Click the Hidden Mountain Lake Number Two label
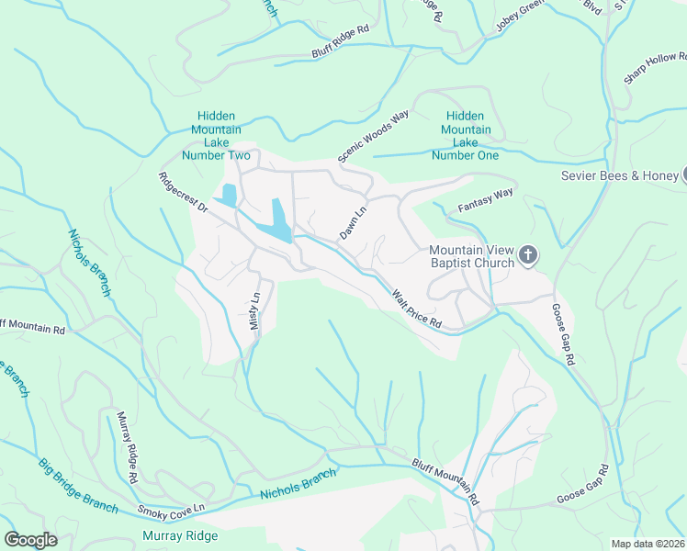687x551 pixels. [x=216, y=136]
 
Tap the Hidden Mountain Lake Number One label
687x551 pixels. [x=465, y=136]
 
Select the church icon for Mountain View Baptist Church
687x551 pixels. [x=528, y=256]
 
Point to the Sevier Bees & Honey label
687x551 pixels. [x=620, y=175]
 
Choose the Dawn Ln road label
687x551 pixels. [x=354, y=223]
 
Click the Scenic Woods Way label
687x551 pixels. [x=373, y=138]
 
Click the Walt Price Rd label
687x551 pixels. [x=417, y=309]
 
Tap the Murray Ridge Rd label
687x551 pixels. [x=128, y=448]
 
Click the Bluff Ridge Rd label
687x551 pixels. [x=340, y=42]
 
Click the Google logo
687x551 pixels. [x=30, y=539]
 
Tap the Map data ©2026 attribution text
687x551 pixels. [x=648, y=544]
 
